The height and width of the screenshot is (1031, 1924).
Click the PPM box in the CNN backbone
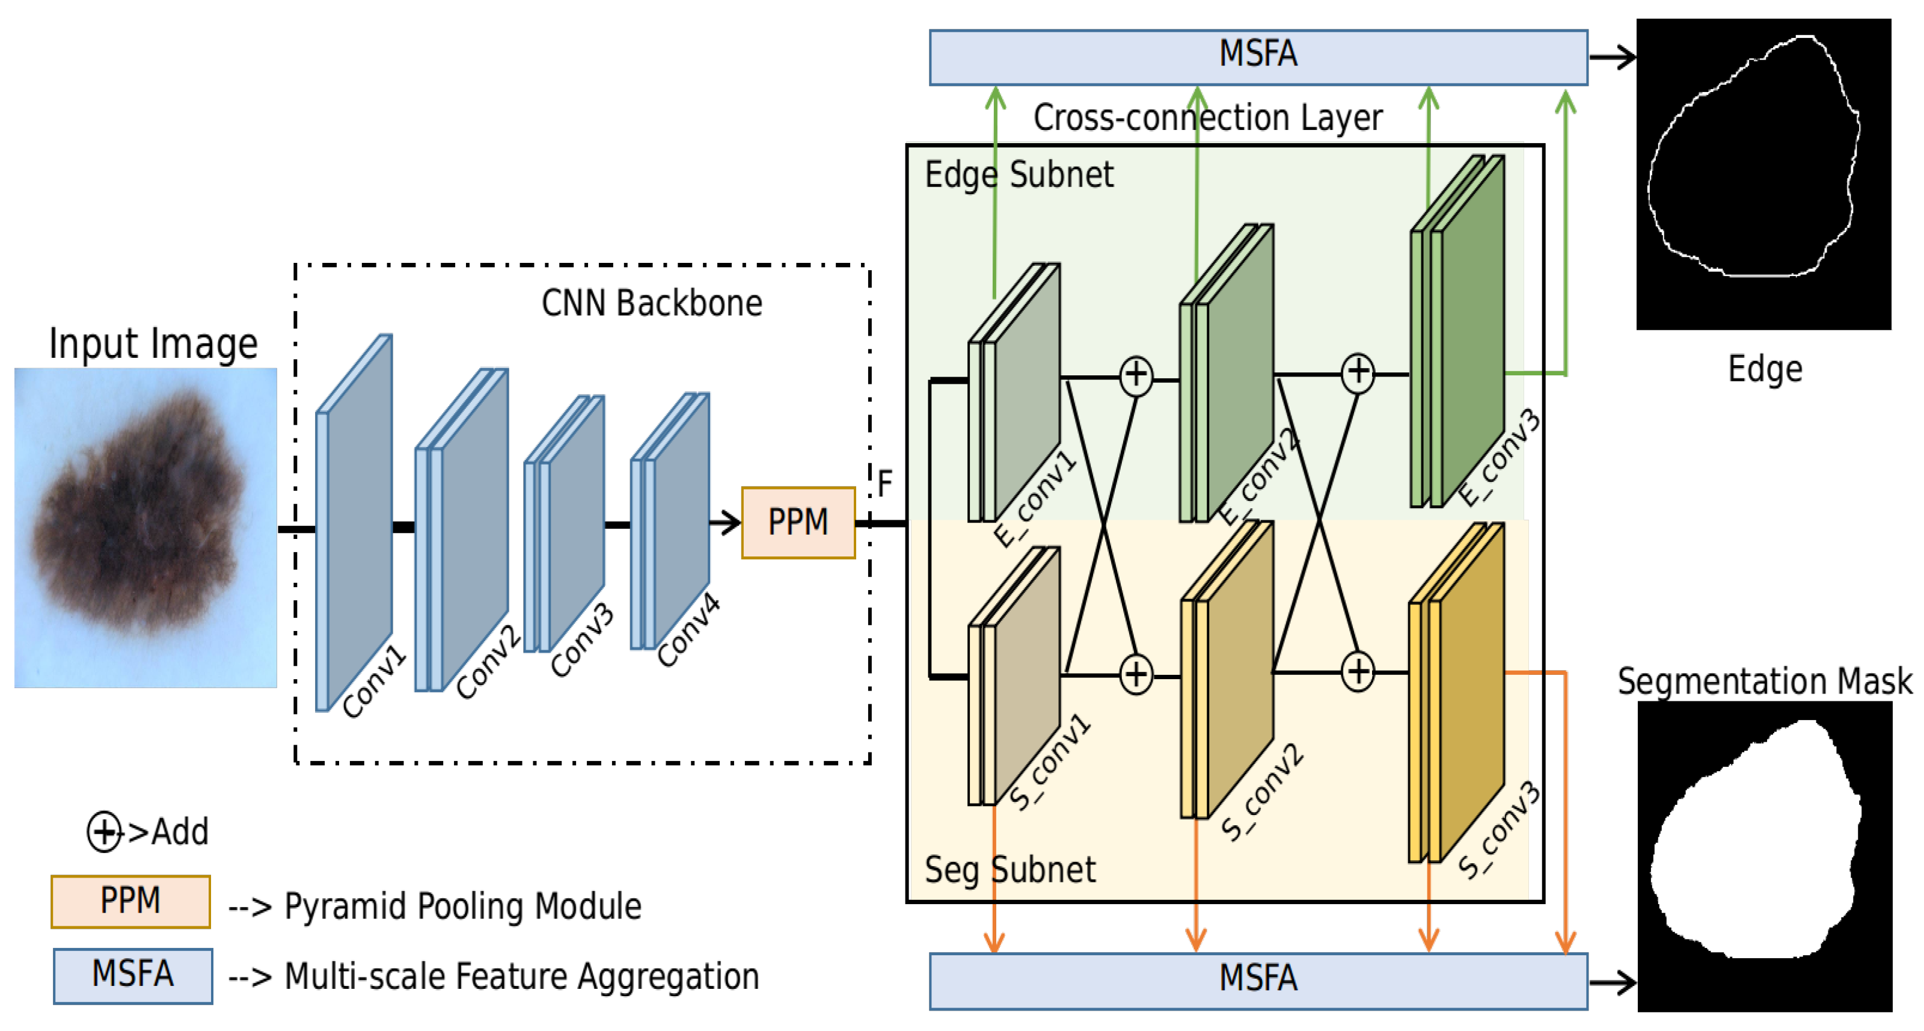click(x=798, y=522)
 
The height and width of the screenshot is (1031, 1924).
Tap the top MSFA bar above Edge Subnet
click(x=1258, y=57)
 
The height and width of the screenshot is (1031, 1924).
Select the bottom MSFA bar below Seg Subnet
click(x=1258, y=980)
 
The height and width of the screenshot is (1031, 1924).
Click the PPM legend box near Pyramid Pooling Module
click(x=130, y=901)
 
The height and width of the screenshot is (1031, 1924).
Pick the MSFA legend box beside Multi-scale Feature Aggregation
click(x=133, y=975)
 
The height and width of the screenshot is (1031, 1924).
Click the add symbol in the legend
click(x=104, y=831)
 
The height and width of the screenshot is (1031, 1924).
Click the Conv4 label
click(x=688, y=629)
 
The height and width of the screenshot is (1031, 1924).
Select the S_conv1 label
click(x=1049, y=762)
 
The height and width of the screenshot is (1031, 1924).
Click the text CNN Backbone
click(x=651, y=303)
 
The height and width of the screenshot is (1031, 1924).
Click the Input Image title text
click(x=153, y=343)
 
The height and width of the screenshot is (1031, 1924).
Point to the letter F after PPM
click(x=885, y=484)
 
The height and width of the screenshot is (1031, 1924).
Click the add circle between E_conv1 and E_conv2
click(x=1136, y=375)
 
